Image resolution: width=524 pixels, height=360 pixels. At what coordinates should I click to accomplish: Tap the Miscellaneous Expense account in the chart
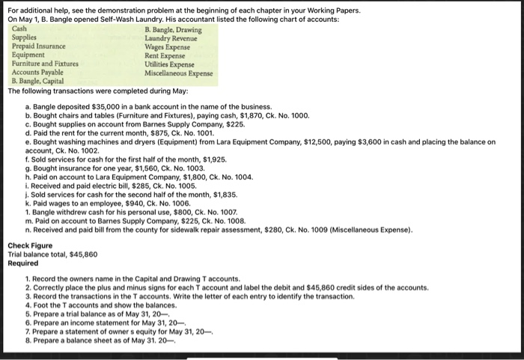click(179, 73)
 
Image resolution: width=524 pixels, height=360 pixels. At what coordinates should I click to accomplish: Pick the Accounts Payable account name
click(38, 73)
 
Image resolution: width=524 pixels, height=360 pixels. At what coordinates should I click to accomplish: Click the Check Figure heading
click(30, 245)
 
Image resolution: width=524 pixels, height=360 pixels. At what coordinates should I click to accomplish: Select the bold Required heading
click(23, 263)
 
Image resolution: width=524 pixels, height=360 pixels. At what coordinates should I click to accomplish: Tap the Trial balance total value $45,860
click(83, 254)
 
